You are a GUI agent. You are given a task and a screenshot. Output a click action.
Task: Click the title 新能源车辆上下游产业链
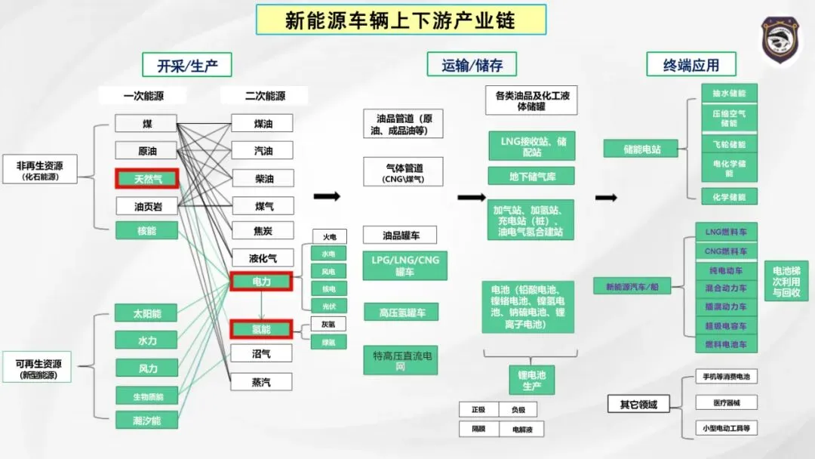[x=401, y=20]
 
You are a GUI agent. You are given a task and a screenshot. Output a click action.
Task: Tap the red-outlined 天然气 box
[x=146, y=179]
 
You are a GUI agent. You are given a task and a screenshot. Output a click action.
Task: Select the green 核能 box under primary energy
[x=146, y=230]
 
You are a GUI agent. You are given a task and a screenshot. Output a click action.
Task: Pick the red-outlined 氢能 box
[x=261, y=329]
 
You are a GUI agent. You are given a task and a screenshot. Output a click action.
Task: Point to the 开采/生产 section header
[x=187, y=65]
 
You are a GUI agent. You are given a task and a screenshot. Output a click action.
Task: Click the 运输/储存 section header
[x=472, y=65]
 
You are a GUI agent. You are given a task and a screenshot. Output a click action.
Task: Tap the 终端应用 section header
[x=690, y=65]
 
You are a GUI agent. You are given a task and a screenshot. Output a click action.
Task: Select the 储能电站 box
[x=641, y=149]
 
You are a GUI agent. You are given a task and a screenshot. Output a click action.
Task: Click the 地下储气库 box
[x=531, y=176]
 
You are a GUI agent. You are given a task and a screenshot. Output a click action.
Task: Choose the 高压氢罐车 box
[x=400, y=312]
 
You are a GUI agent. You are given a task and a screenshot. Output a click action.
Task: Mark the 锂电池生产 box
[x=531, y=380]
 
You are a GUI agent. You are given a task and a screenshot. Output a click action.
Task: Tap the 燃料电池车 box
[x=725, y=344]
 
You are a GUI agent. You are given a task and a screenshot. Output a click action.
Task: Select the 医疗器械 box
[x=725, y=402]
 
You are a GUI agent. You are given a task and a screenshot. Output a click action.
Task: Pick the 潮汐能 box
[x=146, y=420]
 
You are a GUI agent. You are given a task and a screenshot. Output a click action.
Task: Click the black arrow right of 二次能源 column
[x=327, y=196]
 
